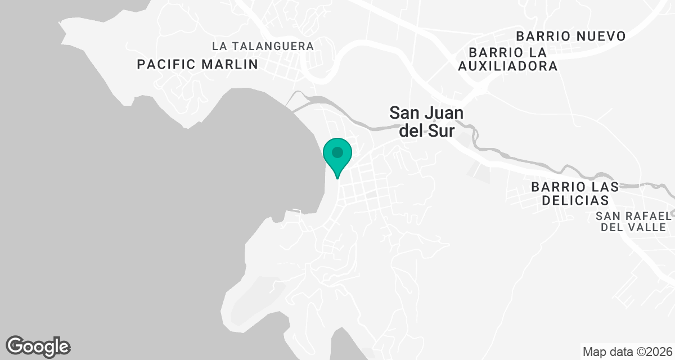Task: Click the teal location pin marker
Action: pyautogui.click(x=337, y=156)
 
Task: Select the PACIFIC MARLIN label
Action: pyautogui.click(x=197, y=64)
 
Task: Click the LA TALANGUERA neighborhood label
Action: pyautogui.click(x=263, y=46)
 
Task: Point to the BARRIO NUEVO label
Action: pyautogui.click(x=570, y=37)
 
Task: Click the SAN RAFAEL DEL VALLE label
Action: pyautogui.click(x=633, y=222)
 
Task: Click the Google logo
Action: pyautogui.click(x=38, y=345)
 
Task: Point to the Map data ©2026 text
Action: pyautogui.click(x=627, y=352)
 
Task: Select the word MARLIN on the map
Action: pyautogui.click(x=232, y=64)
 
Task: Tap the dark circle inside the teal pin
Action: pyautogui.click(x=337, y=152)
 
